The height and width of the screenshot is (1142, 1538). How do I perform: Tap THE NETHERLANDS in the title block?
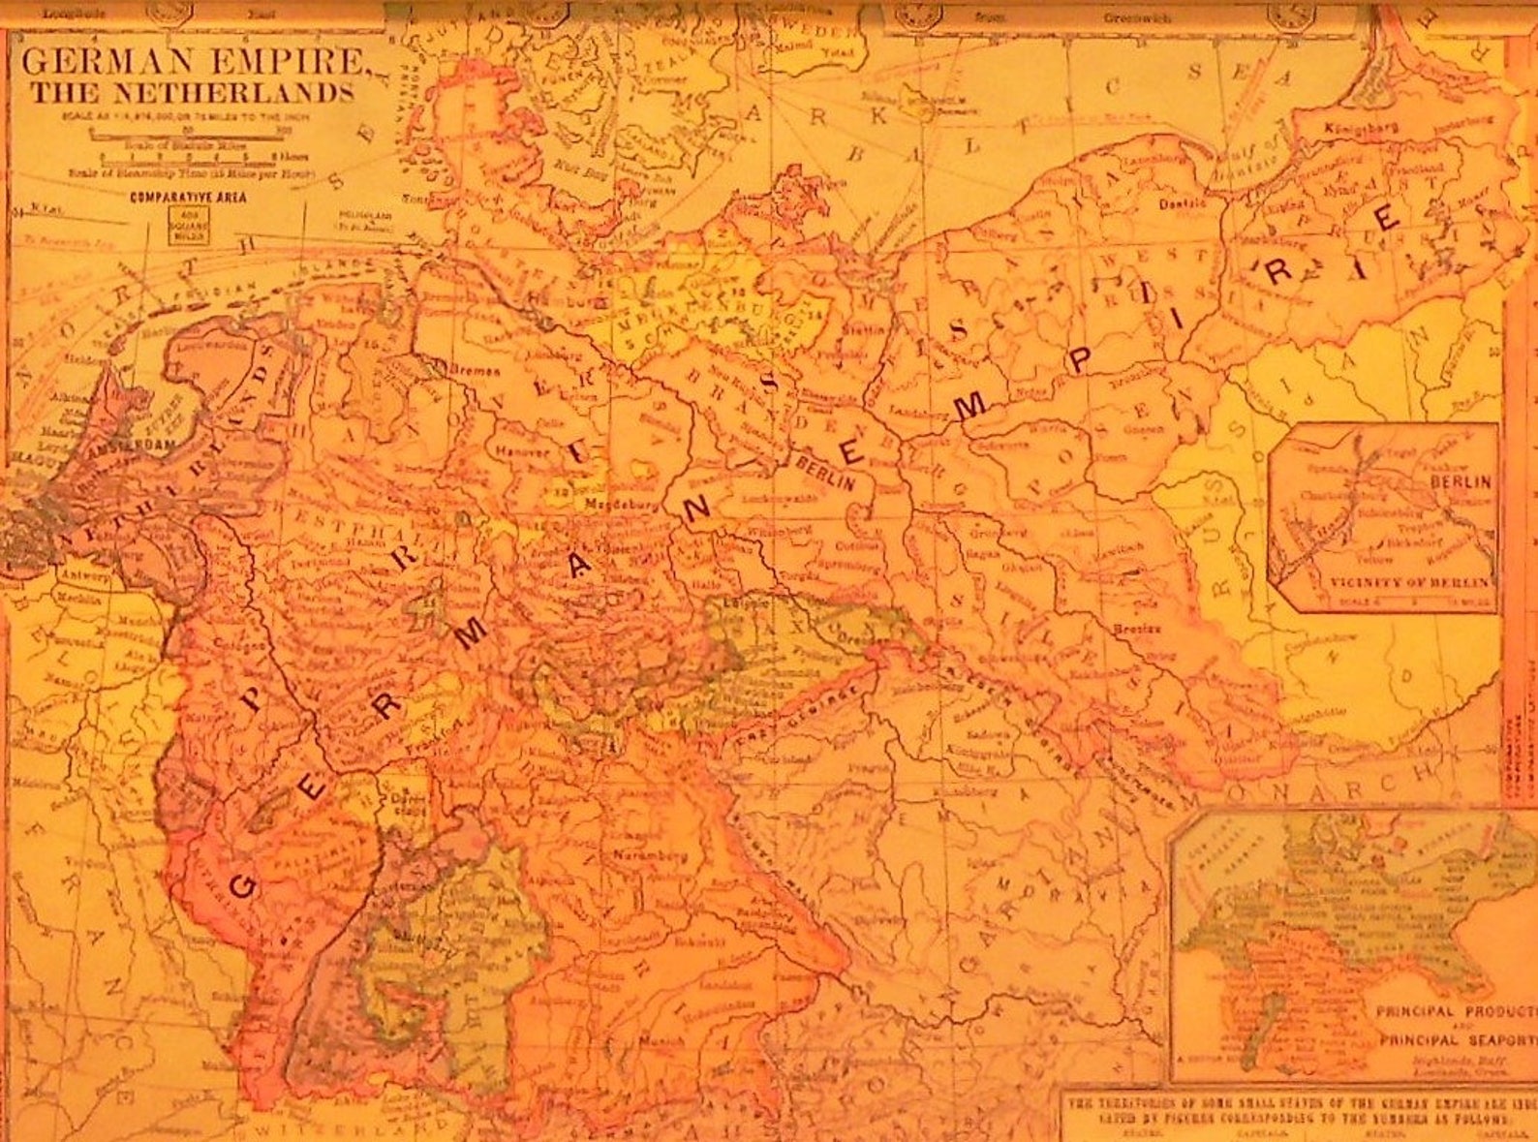point(191,94)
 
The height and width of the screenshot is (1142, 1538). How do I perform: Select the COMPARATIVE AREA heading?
point(188,197)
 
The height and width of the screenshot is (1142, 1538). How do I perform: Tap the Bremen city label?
point(474,371)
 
